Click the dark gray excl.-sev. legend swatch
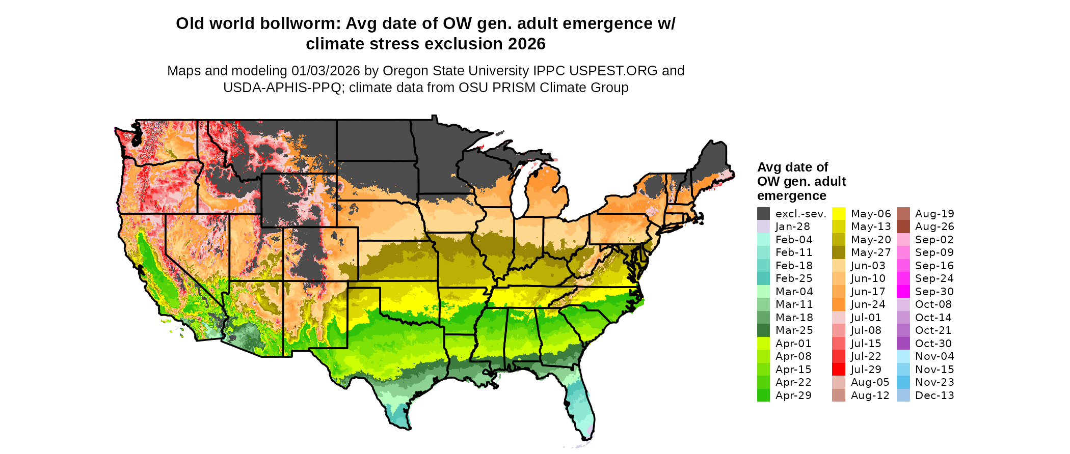click(763, 214)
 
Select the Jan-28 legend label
click(792, 227)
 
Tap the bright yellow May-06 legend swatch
click(839, 214)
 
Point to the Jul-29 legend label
click(866, 370)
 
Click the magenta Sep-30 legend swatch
click(903, 292)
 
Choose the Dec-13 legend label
click(934, 395)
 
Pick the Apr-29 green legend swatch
click(763, 395)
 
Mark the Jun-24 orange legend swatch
click(839, 304)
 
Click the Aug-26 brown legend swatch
click(903, 227)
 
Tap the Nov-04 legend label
click(934, 356)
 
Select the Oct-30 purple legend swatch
click(903, 344)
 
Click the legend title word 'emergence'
click(791, 196)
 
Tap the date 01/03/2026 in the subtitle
click(326, 71)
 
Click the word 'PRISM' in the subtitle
click(514, 88)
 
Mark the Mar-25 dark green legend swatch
click(763, 330)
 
